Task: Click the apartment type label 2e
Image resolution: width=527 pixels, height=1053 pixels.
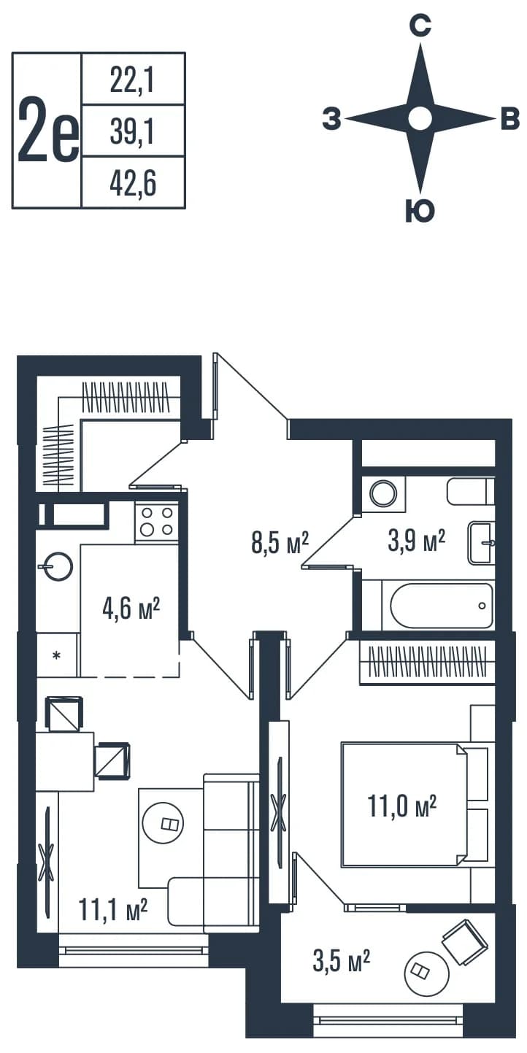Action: [x=48, y=131]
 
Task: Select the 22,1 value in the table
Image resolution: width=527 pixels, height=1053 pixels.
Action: [x=132, y=80]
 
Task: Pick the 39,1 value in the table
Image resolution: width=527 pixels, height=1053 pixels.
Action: [x=132, y=131]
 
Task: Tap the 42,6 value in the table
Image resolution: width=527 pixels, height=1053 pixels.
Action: [x=133, y=183]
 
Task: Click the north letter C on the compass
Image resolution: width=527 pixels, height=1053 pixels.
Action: [x=420, y=26]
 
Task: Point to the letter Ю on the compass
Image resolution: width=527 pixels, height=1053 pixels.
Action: [x=420, y=210]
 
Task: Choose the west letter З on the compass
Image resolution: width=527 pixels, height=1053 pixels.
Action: [x=331, y=118]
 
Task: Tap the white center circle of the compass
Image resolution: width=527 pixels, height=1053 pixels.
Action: [x=420, y=118]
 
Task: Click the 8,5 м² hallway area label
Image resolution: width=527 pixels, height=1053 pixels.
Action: [x=280, y=542]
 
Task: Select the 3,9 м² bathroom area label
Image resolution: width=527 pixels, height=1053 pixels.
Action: [x=416, y=540]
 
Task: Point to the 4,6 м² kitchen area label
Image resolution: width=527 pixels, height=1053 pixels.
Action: [x=131, y=609]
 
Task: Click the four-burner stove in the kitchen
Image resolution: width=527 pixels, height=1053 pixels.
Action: [x=156, y=522]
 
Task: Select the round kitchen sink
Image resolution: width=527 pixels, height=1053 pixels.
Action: [x=56, y=566]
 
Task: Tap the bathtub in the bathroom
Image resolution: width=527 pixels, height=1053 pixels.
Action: [x=442, y=606]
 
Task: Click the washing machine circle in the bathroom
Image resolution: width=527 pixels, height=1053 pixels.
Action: [x=383, y=493]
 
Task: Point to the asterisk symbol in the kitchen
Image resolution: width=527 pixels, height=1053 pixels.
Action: [x=56, y=655]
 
